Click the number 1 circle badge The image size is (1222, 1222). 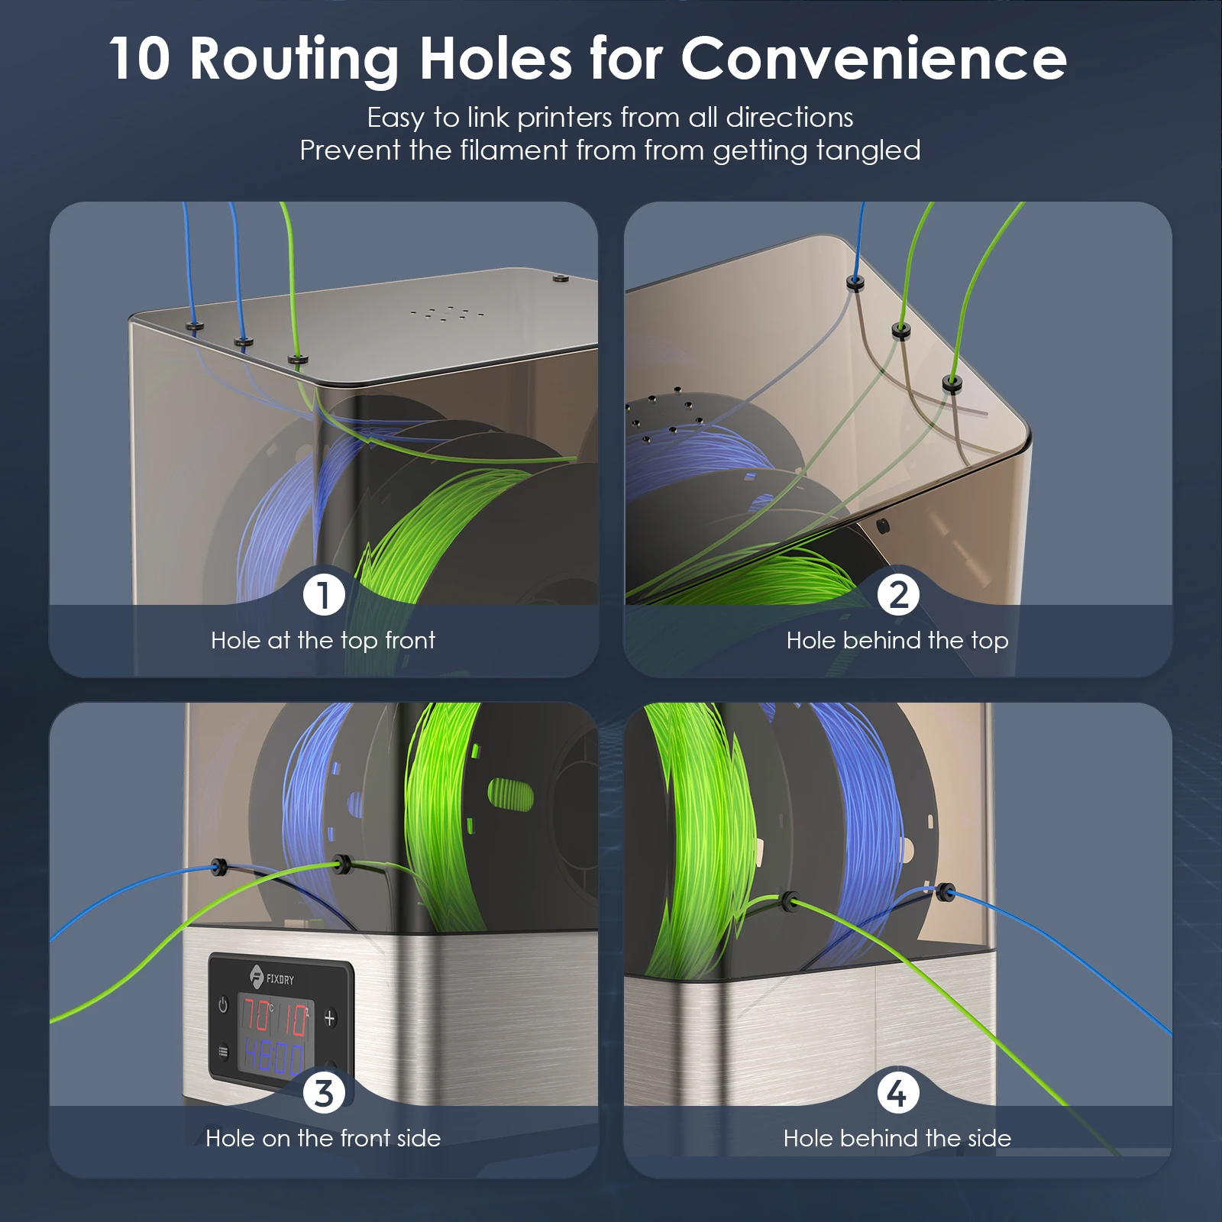click(324, 594)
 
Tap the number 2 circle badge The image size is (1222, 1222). click(898, 594)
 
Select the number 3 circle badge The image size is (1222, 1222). click(324, 1092)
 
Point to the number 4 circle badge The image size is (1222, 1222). click(898, 1092)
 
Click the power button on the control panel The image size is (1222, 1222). click(223, 1005)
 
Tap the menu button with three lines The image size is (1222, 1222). click(223, 1052)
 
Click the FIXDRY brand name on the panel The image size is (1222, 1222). click(280, 979)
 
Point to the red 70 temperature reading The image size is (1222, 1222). click(257, 1016)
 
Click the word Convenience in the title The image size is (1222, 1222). click(874, 58)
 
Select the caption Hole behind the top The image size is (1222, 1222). click(897, 640)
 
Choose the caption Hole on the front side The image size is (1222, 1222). click(323, 1138)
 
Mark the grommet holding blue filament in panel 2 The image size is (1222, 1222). click(855, 283)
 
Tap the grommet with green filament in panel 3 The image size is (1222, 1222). click(342, 865)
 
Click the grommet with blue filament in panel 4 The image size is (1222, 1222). click(946, 891)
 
